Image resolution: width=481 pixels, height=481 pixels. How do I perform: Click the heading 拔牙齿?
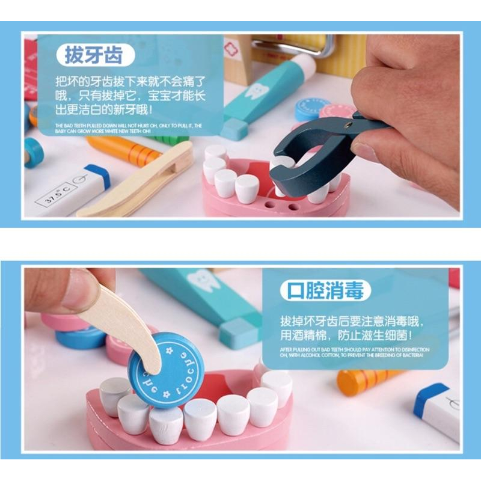pos(93,55)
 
